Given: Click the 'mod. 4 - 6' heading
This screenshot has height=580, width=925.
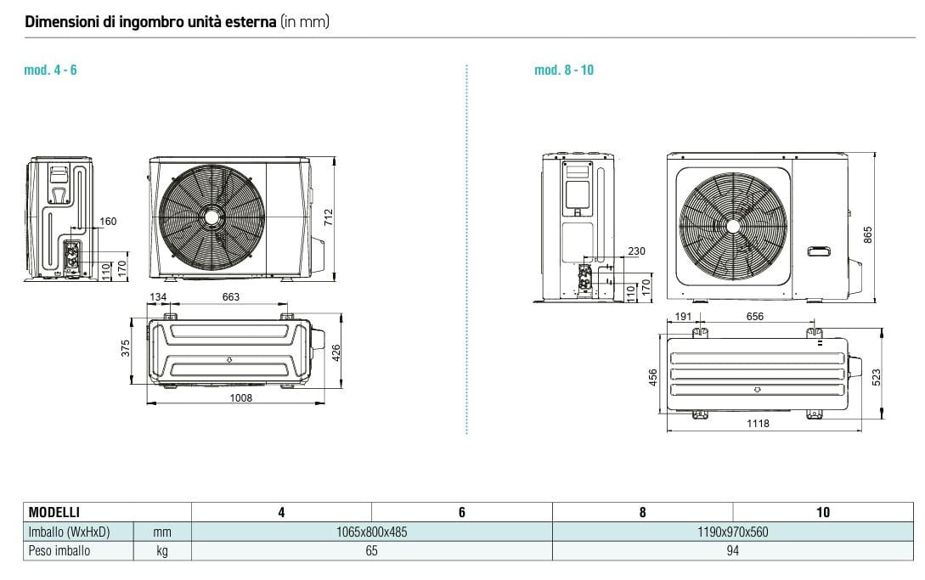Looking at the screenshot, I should pos(50,70).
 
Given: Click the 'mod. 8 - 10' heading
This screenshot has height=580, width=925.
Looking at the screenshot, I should pos(564,70).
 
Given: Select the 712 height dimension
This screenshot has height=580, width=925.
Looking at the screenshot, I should pos(329,217).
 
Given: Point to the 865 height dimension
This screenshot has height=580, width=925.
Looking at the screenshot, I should pos(868,235).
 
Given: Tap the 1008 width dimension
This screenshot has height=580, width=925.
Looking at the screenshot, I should pos(241,397).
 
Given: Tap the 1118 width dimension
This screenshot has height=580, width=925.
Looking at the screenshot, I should pos(758,423).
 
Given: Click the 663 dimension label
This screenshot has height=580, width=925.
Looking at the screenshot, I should pos(230,297).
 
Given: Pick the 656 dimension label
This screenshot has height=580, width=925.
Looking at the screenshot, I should pos(754,317).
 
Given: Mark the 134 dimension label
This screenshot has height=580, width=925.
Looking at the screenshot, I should pos(158,297).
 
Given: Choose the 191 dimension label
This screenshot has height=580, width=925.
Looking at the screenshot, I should pos(682,317).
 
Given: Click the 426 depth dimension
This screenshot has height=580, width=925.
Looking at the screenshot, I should pos(336,352).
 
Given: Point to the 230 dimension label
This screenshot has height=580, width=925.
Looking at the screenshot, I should pos(635,251).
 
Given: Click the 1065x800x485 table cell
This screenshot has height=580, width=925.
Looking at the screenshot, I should pos(371,532).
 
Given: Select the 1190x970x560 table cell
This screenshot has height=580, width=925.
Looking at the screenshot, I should pos(732,532).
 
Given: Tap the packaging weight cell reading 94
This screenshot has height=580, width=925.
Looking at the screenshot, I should pos(732,551).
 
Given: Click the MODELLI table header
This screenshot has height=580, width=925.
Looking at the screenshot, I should pos(54,512).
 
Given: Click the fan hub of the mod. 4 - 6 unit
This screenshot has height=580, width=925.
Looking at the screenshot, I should pos(211,217).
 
